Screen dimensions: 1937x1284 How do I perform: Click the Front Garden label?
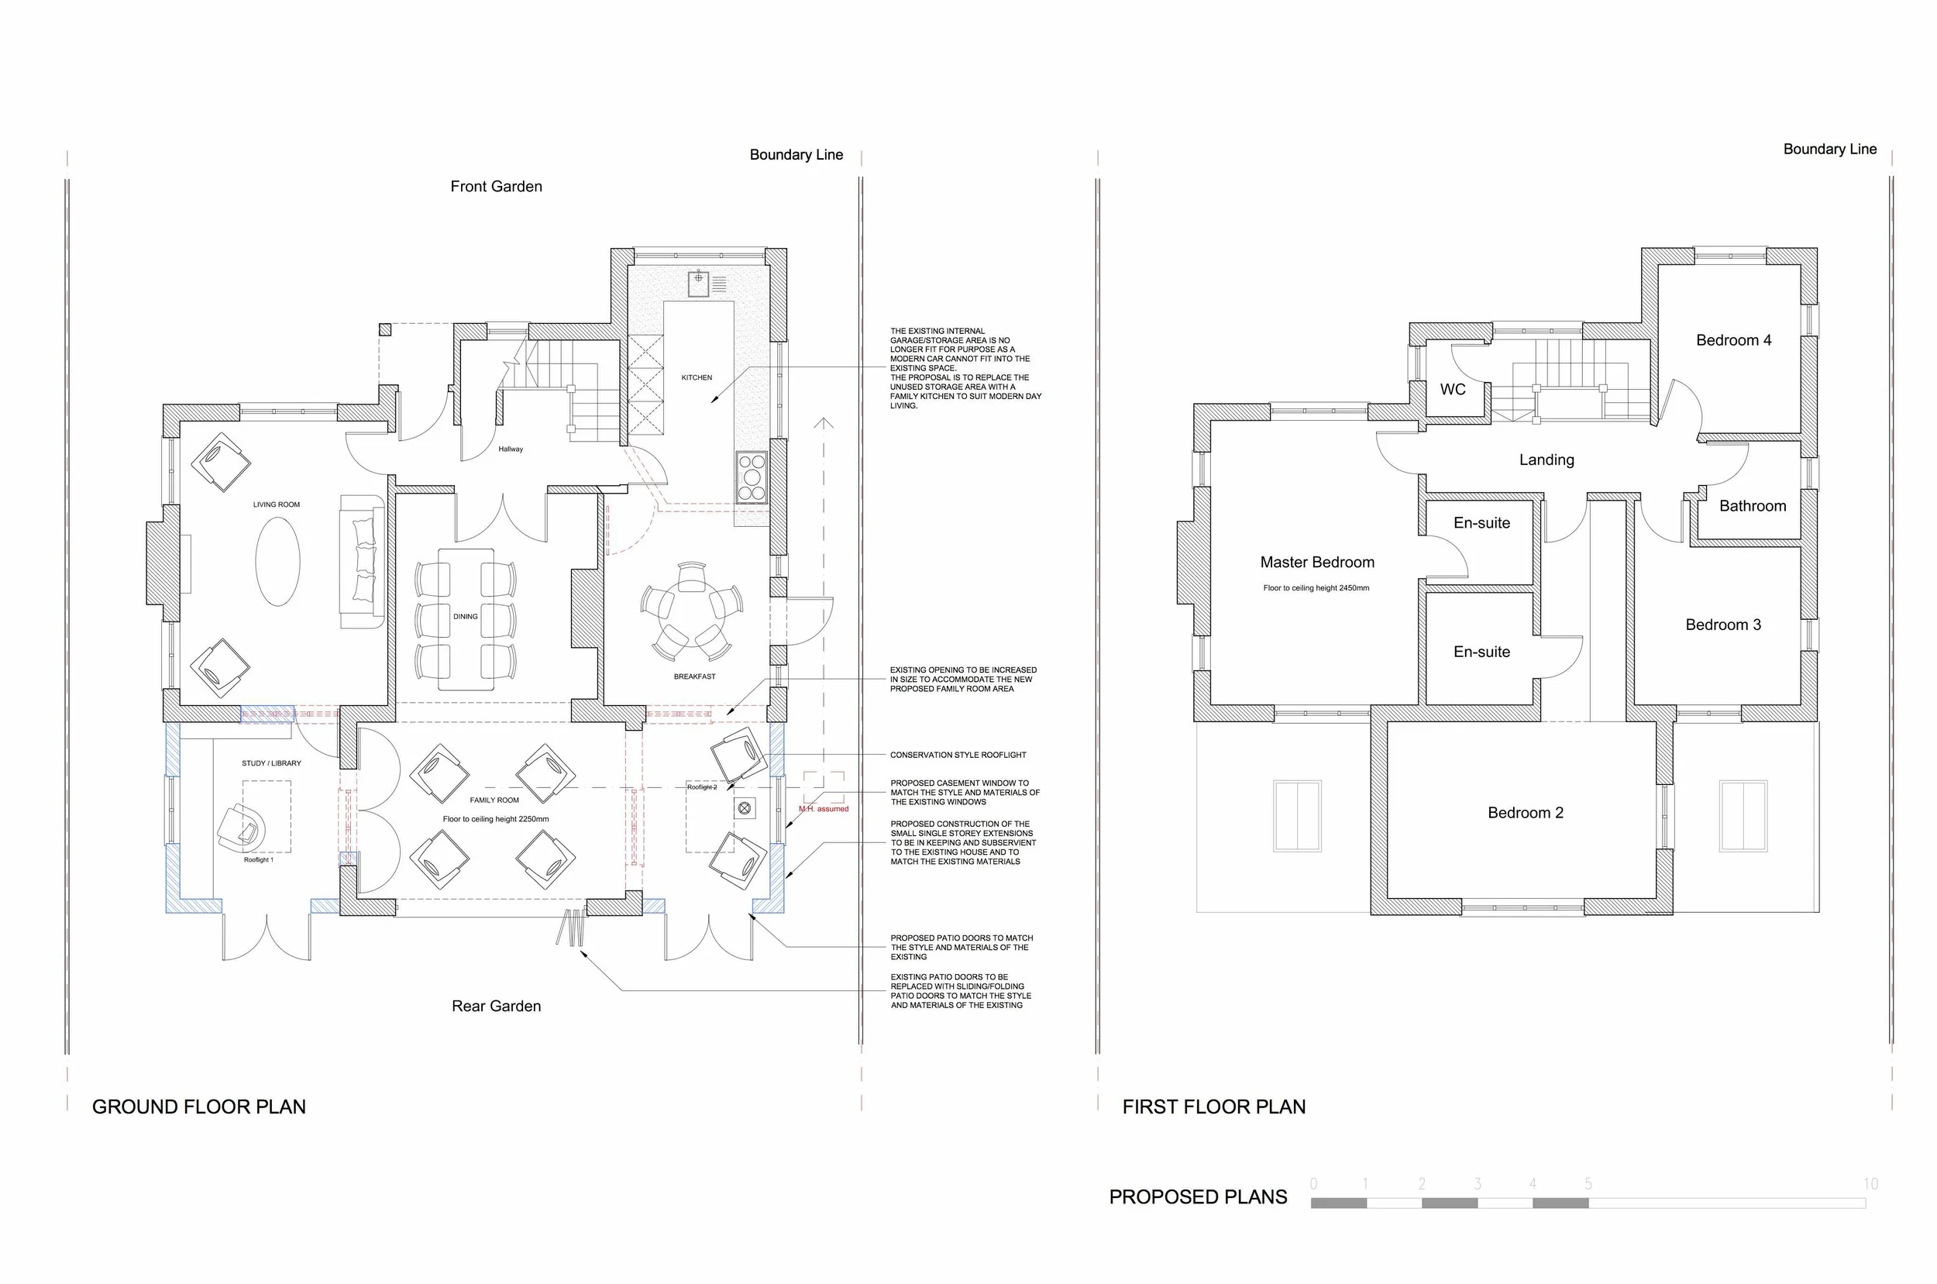496,187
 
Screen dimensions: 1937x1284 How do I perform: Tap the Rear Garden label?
496,1007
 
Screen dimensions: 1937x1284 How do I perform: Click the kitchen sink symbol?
699,283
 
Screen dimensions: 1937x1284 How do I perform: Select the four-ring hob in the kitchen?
752,477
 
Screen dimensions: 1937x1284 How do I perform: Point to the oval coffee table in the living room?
277,563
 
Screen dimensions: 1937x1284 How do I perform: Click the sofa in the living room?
362,562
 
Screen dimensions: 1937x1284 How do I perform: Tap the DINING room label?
465,617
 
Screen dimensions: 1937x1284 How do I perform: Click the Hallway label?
511,449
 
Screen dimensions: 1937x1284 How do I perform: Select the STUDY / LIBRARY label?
271,763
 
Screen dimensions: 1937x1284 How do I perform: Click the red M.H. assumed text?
824,809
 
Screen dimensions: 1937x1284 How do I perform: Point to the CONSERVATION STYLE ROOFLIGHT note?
958,755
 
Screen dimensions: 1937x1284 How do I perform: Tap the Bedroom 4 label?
1733,340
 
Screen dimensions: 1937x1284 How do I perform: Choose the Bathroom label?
1753,506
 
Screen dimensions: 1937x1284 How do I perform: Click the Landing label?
1547,460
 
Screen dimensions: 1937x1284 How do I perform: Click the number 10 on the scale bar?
1870,1184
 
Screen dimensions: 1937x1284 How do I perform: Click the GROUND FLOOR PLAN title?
199,1107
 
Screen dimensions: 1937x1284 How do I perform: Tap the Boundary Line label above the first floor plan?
1830,149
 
